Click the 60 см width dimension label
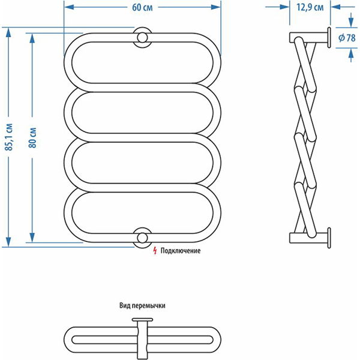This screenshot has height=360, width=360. point(142,7)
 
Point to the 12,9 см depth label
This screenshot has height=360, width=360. point(310,7)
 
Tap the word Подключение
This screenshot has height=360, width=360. point(181,251)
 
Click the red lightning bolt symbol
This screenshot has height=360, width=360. point(155,250)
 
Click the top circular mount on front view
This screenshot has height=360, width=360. point(142,37)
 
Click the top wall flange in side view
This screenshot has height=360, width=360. point(329,37)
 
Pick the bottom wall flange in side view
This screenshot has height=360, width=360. point(329,237)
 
